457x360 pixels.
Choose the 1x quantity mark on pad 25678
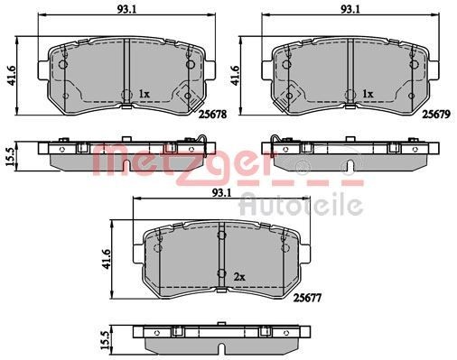(x=144, y=93)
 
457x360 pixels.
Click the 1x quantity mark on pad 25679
(x=367, y=93)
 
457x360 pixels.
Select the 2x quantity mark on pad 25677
(x=239, y=275)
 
